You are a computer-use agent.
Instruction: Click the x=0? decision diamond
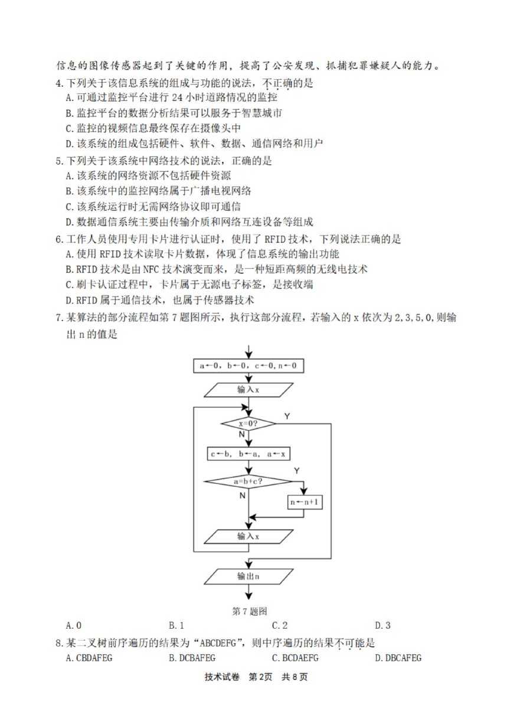pos(249,424)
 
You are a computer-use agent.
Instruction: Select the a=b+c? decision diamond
pos(249,481)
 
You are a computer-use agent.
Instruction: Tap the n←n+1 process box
pos(305,502)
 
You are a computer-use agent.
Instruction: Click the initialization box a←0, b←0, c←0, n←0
pos(249,365)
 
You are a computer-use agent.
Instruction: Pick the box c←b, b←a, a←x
pos(249,454)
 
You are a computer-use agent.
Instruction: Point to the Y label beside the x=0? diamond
pos(287,416)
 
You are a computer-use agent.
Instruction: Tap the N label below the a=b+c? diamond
pos(242,495)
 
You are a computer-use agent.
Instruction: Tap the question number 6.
pos(59,239)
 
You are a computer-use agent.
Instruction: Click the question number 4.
pos(59,83)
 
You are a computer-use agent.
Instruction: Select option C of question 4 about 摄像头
pos(153,128)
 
